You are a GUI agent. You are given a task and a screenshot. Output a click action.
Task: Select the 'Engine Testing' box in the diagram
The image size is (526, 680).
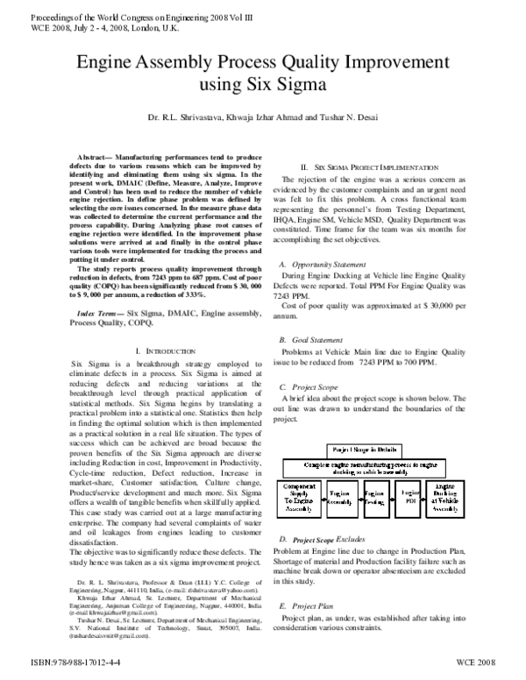(x=375, y=495)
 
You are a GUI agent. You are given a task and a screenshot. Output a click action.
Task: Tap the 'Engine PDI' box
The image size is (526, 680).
(x=409, y=495)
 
